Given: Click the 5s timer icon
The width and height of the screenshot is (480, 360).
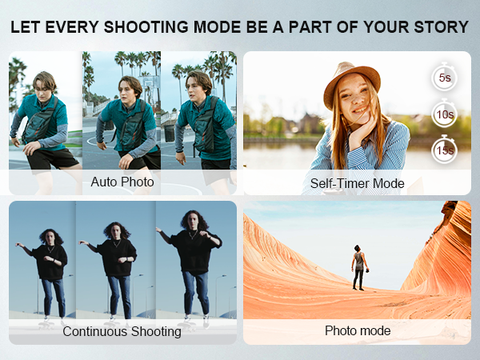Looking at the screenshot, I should (x=445, y=78).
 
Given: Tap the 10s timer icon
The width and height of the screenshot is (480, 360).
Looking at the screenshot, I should (x=445, y=114).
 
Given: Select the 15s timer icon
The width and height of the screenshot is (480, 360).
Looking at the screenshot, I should (x=445, y=150).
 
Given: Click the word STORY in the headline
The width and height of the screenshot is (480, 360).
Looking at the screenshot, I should (x=440, y=27).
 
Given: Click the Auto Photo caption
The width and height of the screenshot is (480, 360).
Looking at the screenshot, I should (x=122, y=182).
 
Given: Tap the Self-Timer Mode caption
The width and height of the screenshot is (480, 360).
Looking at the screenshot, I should (x=358, y=183).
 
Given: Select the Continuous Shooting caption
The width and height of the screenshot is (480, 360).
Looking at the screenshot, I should (x=122, y=330).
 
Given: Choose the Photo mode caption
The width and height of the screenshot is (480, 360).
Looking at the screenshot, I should (x=358, y=330).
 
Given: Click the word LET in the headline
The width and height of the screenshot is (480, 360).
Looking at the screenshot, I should (x=27, y=27).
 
